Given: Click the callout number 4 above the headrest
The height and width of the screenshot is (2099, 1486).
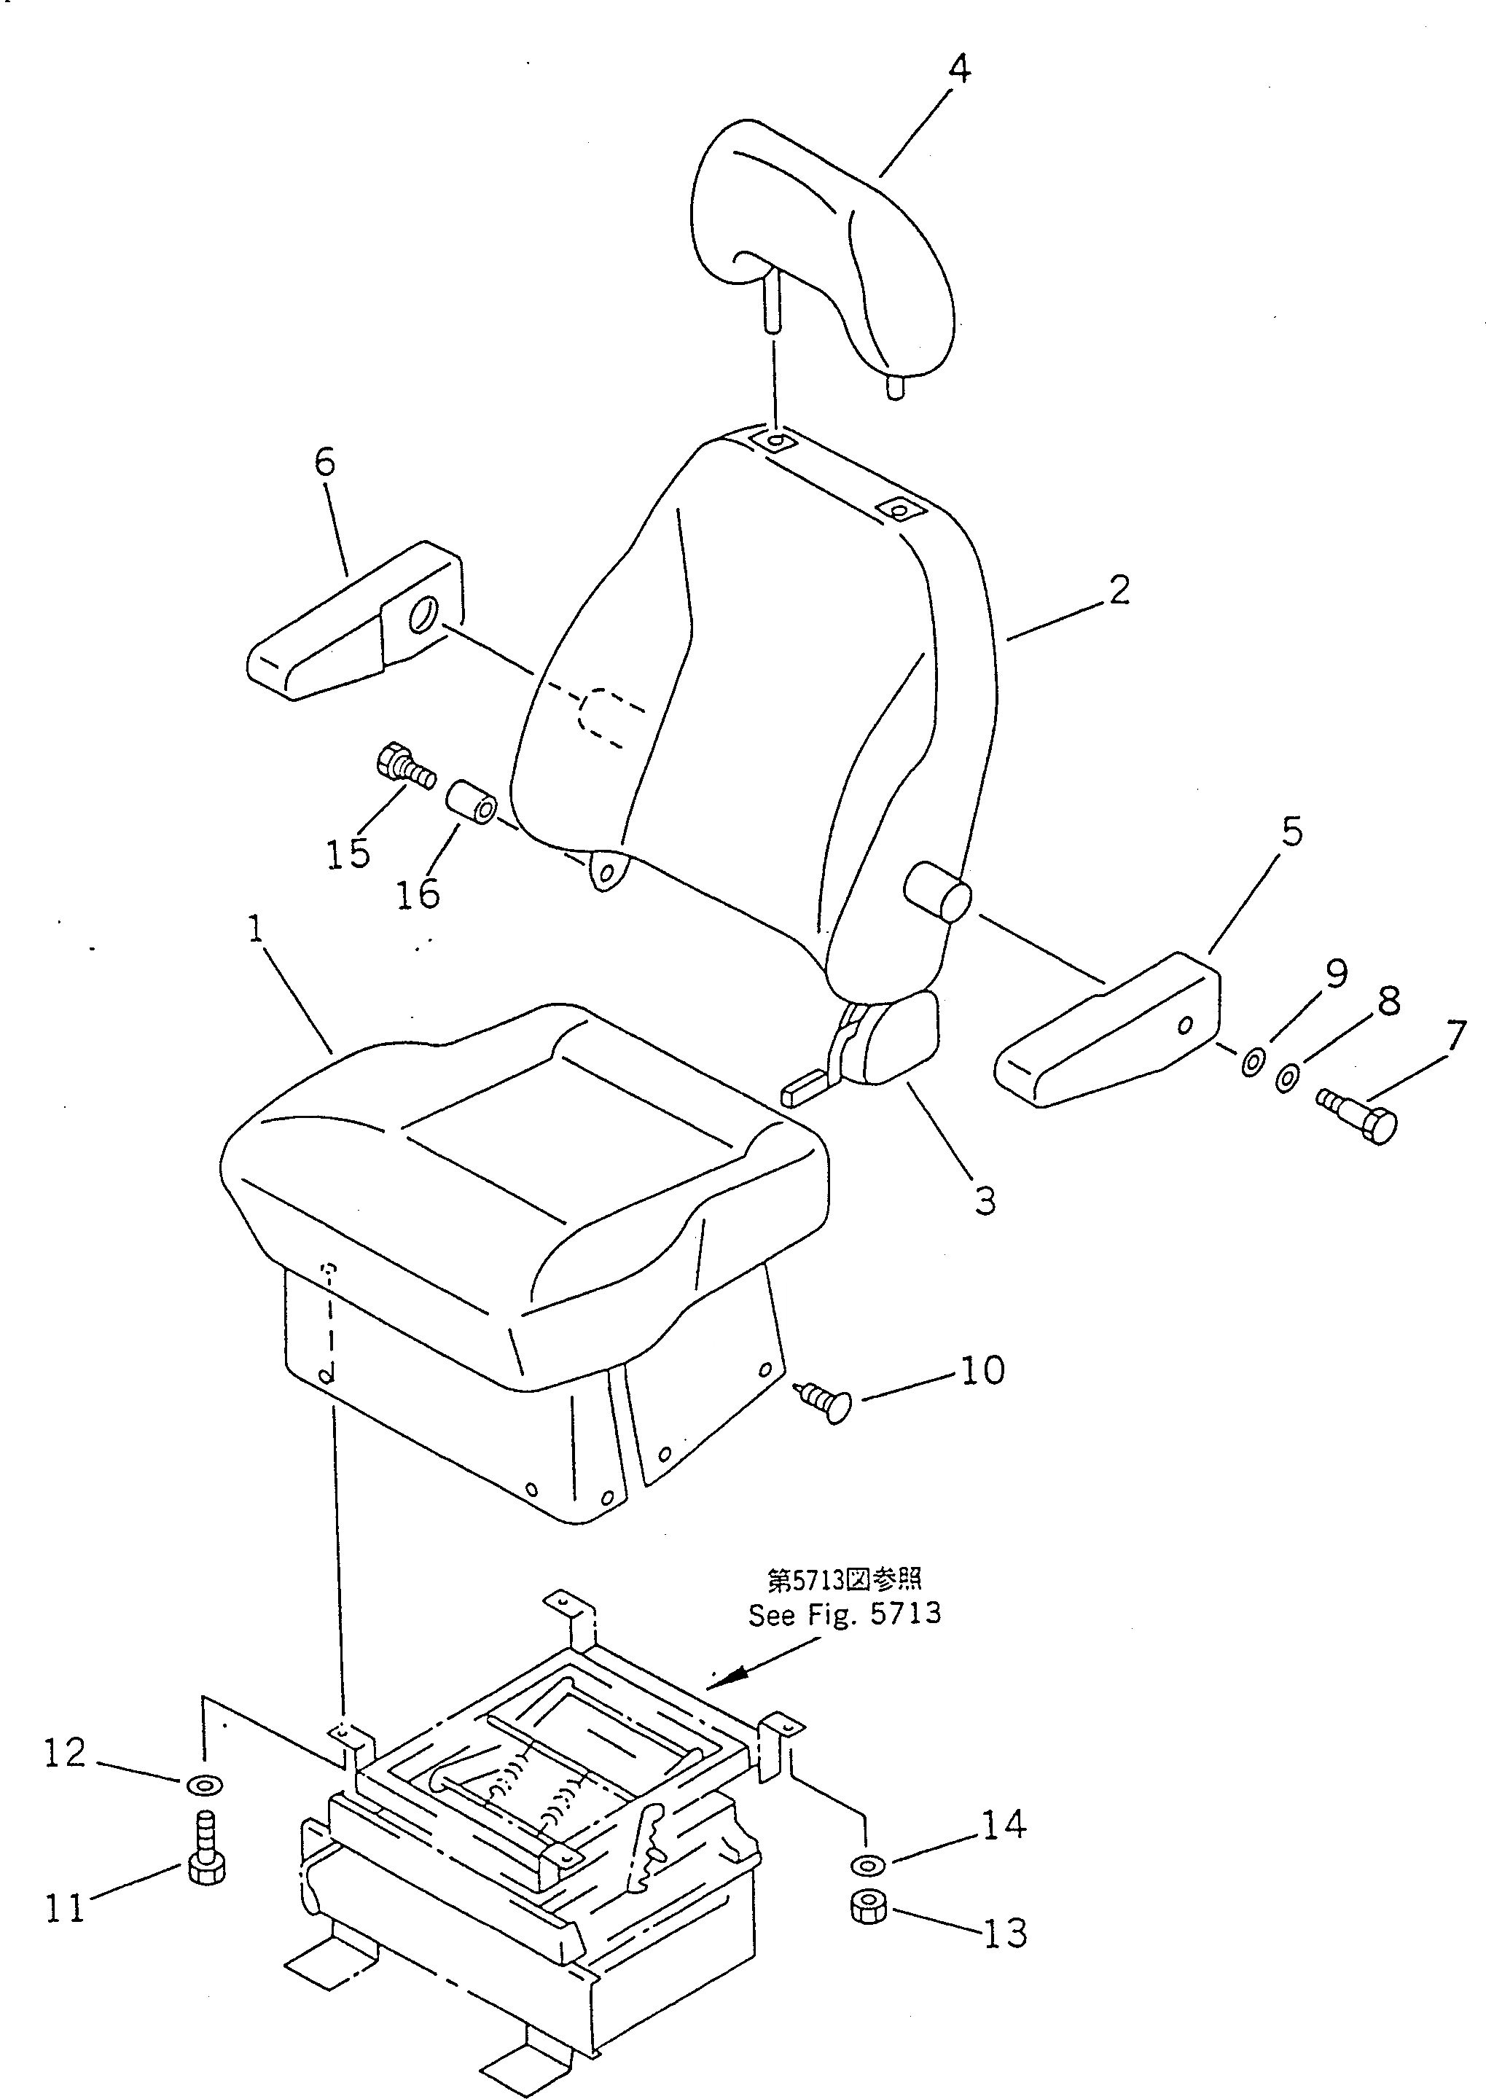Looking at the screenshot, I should point(958,69).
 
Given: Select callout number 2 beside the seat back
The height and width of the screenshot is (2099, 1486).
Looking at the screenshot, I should point(1118,590).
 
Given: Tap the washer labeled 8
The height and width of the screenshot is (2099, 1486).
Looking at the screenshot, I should point(1286,1078).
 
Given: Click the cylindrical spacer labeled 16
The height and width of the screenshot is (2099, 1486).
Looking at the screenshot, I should point(472,799).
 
